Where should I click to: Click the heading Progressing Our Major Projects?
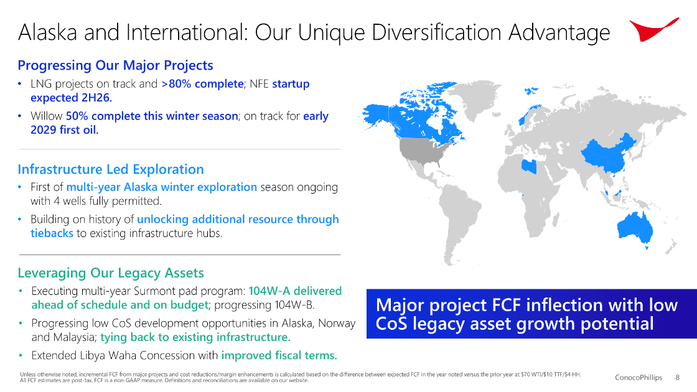pos(116,65)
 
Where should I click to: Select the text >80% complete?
pos(202,83)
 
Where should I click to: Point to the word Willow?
pos(46,116)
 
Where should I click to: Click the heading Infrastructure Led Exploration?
pos(111,169)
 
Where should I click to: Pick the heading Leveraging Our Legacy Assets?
pos(111,273)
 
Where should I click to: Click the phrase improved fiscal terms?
pos(279,355)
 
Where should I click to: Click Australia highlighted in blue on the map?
pos(635,228)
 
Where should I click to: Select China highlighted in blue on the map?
pos(609,153)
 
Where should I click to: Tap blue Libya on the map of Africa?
pos(529,166)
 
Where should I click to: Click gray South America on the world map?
pos(458,218)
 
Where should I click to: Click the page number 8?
pos(678,377)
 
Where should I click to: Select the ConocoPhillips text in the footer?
pos(639,377)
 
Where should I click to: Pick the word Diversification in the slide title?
pos(438,32)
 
